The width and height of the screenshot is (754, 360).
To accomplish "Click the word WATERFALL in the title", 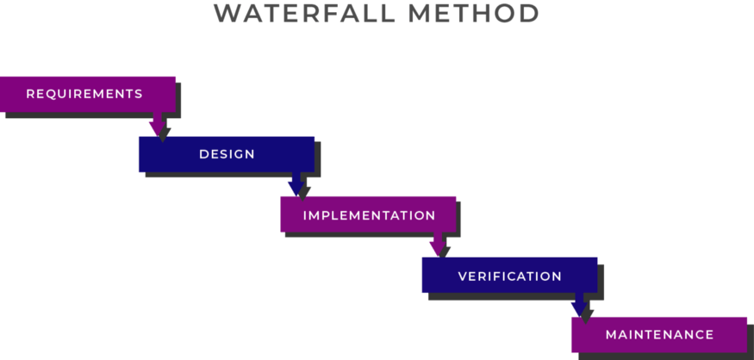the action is click(304, 14).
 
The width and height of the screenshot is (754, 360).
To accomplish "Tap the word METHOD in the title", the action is click(473, 14).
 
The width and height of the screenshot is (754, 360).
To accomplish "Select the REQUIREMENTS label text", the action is click(84, 94).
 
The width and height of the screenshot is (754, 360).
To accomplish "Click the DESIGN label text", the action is click(227, 154).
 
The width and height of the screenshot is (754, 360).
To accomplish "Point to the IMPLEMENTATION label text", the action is click(369, 215).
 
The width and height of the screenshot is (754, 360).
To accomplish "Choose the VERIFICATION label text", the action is click(510, 276).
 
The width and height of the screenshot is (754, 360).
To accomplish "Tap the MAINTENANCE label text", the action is click(659, 334).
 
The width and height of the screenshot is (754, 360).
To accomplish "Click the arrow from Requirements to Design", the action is click(157, 125).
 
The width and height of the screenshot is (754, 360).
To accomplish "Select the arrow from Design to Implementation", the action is click(296, 184).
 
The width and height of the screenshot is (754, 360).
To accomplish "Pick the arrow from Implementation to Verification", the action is click(438, 245).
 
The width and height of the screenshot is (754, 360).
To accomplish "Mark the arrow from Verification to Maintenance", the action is click(579, 305).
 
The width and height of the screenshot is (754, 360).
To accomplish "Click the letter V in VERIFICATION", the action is click(463, 276).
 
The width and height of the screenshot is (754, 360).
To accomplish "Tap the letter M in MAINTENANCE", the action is click(611, 334).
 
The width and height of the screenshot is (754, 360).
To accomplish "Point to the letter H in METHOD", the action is click(483, 14).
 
